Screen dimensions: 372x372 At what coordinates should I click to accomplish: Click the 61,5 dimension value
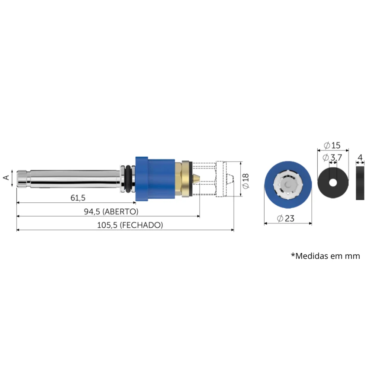tap(78, 198)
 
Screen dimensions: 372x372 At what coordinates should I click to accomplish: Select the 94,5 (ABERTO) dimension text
tap(111, 211)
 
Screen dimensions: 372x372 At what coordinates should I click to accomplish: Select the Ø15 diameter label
tap(332, 145)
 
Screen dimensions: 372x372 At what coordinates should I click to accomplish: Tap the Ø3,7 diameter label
tap(332, 158)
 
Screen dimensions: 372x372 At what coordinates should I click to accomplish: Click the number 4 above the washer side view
tap(359, 157)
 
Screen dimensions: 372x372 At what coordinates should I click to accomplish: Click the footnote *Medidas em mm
tap(325, 256)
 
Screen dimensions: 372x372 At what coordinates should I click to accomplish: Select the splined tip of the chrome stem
tap(22, 178)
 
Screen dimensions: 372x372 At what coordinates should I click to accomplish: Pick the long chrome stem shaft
tap(74, 178)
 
